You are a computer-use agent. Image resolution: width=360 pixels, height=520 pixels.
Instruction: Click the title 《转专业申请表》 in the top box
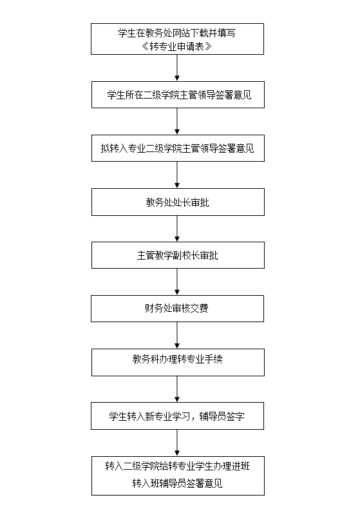point(176,46)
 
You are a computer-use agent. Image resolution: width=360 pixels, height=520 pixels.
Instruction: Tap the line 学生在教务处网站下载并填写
point(176,33)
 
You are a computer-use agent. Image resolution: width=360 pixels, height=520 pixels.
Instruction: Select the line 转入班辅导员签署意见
point(177,483)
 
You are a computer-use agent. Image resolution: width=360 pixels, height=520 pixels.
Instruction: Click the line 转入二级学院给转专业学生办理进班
point(177,466)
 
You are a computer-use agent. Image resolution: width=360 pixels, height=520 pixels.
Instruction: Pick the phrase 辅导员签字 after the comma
point(222,416)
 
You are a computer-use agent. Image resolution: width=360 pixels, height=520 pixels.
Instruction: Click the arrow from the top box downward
point(177,68)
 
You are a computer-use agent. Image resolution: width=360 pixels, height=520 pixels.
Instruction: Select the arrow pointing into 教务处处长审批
point(177,175)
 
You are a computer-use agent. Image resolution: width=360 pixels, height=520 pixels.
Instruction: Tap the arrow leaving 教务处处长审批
point(177,229)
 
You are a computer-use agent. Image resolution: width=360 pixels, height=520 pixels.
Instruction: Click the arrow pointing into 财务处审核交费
point(177,282)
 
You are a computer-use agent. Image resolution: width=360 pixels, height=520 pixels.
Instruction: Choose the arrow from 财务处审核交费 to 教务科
point(177,335)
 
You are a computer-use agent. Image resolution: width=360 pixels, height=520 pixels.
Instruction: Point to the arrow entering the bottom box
point(177,443)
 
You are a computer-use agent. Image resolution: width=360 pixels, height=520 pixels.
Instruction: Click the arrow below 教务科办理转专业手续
point(177,389)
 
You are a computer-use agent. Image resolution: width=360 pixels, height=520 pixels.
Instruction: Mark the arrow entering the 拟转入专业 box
point(177,121)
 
